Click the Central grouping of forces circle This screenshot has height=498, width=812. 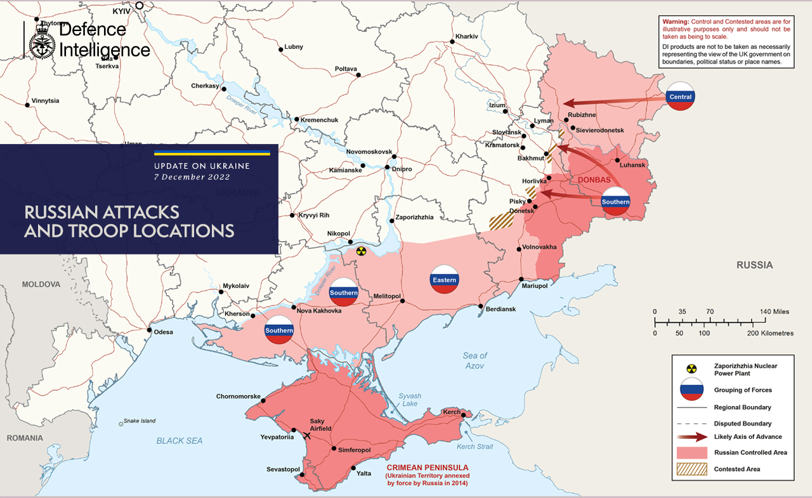pyautogui.click(x=680, y=97)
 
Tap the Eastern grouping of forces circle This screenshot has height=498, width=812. pyautogui.click(x=444, y=279)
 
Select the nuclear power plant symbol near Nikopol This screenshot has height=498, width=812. pyautogui.click(x=361, y=251)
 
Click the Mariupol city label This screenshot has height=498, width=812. pyautogui.click(x=534, y=286)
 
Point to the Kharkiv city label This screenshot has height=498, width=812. pyautogui.click(x=466, y=36)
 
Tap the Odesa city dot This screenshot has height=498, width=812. pyautogui.click(x=149, y=330)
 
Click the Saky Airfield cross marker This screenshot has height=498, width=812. pyautogui.click(x=308, y=436)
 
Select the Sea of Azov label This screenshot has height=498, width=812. pyautogui.click(x=475, y=360)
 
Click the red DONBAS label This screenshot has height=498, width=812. pyautogui.click(x=594, y=180)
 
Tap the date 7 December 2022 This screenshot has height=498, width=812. pyautogui.click(x=192, y=177)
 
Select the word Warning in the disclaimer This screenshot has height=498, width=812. pyautogui.click(x=675, y=22)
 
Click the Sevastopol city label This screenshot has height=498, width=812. pyautogui.click(x=282, y=469)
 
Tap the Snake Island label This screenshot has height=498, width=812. pyautogui.click(x=139, y=421)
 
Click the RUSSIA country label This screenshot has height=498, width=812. pyautogui.click(x=754, y=265)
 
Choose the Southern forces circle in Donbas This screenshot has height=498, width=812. pyautogui.click(x=615, y=201)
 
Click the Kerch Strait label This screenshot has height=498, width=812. pyautogui.click(x=475, y=447)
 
